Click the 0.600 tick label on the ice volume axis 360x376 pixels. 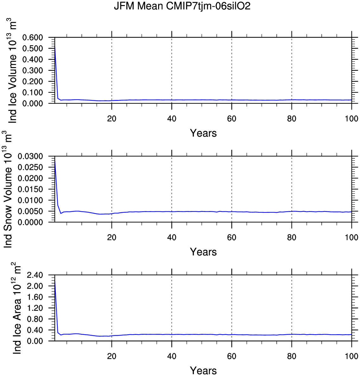[37, 38]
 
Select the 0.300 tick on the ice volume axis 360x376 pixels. [37, 71]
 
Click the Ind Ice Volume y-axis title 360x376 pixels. [12, 70]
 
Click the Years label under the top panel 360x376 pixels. [203, 133]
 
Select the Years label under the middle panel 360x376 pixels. [203, 252]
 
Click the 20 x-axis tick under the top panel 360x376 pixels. [112, 119]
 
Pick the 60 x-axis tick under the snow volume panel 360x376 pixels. [232, 237]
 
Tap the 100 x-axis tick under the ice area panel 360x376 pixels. [351, 356]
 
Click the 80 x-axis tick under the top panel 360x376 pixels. [292, 119]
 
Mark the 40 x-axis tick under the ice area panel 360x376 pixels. [171, 356]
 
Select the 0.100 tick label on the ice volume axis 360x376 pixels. [37, 92]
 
